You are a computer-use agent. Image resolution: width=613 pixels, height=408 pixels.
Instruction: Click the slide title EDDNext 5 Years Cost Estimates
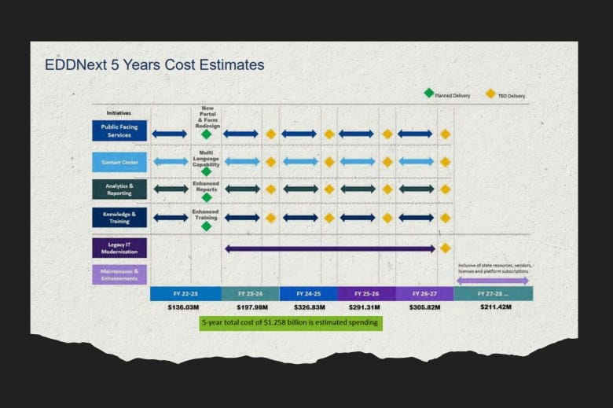coord(154,64)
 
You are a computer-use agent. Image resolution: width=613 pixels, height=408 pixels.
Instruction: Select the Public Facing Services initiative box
coord(119,130)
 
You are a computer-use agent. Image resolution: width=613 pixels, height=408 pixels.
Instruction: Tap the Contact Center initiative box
coord(119,162)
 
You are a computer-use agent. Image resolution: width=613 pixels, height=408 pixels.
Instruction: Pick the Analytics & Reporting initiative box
coord(119,189)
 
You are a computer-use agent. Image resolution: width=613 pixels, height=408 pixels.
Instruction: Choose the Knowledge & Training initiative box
coord(119,217)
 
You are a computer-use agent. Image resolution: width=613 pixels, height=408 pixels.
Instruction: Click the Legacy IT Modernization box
coord(119,248)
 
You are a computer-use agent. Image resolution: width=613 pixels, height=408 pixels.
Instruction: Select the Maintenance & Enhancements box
coord(119,274)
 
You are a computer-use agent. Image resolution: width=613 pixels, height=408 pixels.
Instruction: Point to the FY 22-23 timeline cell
coord(185,293)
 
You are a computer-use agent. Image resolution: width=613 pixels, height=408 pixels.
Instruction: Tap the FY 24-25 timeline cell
coord(309,293)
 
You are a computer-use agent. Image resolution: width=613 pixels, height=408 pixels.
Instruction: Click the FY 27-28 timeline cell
coord(493,293)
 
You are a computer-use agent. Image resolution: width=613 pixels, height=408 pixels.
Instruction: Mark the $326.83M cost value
coord(309,307)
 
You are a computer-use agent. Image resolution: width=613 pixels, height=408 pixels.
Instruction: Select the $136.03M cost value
coord(184,307)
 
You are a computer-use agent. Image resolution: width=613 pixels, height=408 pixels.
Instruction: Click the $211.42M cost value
coord(493,307)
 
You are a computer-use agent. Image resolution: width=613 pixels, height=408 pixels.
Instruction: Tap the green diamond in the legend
coord(428,93)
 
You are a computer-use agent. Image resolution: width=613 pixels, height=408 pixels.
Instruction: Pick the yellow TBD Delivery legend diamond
coord(490,94)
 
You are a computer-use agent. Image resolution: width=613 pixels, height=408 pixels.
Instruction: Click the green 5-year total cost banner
coord(291,322)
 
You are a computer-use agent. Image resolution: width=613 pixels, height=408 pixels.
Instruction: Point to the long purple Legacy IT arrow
coord(330,248)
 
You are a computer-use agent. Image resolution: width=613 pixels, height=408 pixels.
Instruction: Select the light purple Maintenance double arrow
coord(493,280)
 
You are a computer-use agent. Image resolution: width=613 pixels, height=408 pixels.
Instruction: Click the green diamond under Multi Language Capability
coord(206,171)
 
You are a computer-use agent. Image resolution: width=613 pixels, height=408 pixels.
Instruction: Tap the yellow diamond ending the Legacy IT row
coord(446,248)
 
